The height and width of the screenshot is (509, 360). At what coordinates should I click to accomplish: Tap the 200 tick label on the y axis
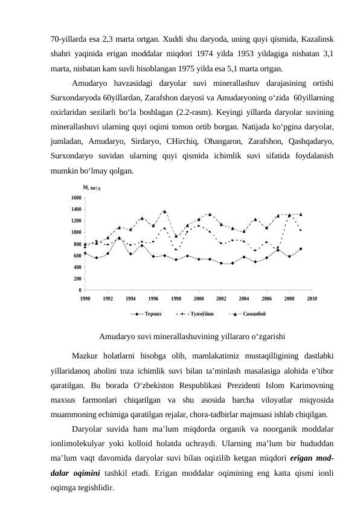pos(76,279)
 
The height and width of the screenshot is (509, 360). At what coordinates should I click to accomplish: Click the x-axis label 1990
pos(85,298)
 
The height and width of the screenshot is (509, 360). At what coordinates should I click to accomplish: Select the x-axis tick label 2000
pos(199,298)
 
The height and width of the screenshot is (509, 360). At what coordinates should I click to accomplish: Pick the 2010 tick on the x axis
pos(312,298)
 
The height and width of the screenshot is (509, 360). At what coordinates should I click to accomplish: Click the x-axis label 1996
pos(153,298)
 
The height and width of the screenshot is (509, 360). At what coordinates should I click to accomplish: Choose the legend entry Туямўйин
pos(200,314)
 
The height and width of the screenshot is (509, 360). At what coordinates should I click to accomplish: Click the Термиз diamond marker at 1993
pos(119,238)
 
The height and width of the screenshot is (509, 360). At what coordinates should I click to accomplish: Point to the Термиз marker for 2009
pos(301,248)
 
